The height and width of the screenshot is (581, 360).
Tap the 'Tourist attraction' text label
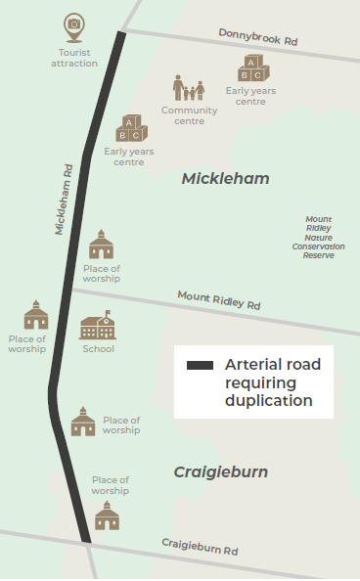coord(74,58)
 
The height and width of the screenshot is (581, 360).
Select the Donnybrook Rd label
coord(258,38)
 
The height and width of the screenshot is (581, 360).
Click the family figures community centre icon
coord(189,88)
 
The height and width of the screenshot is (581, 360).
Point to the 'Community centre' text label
coord(189,115)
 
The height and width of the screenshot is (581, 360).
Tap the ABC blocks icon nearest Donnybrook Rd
coord(251,69)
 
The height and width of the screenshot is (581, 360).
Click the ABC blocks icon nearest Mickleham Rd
coord(130,128)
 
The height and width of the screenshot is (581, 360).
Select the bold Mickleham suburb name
coord(225,179)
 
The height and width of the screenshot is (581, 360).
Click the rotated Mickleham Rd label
coord(65,199)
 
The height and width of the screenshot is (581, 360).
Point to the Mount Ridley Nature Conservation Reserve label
coord(318,237)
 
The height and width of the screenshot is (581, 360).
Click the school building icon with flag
coord(98,326)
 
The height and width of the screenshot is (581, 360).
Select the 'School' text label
coord(98,349)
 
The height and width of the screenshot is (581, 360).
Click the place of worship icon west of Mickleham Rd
coord(36,315)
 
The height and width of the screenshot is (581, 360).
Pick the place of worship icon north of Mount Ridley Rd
coord(102,245)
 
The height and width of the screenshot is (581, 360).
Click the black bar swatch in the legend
coord(200,366)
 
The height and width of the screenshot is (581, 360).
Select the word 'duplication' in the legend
coord(268,400)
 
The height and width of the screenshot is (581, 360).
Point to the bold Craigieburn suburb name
coord(221,472)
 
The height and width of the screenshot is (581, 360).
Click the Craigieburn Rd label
coord(200,548)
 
